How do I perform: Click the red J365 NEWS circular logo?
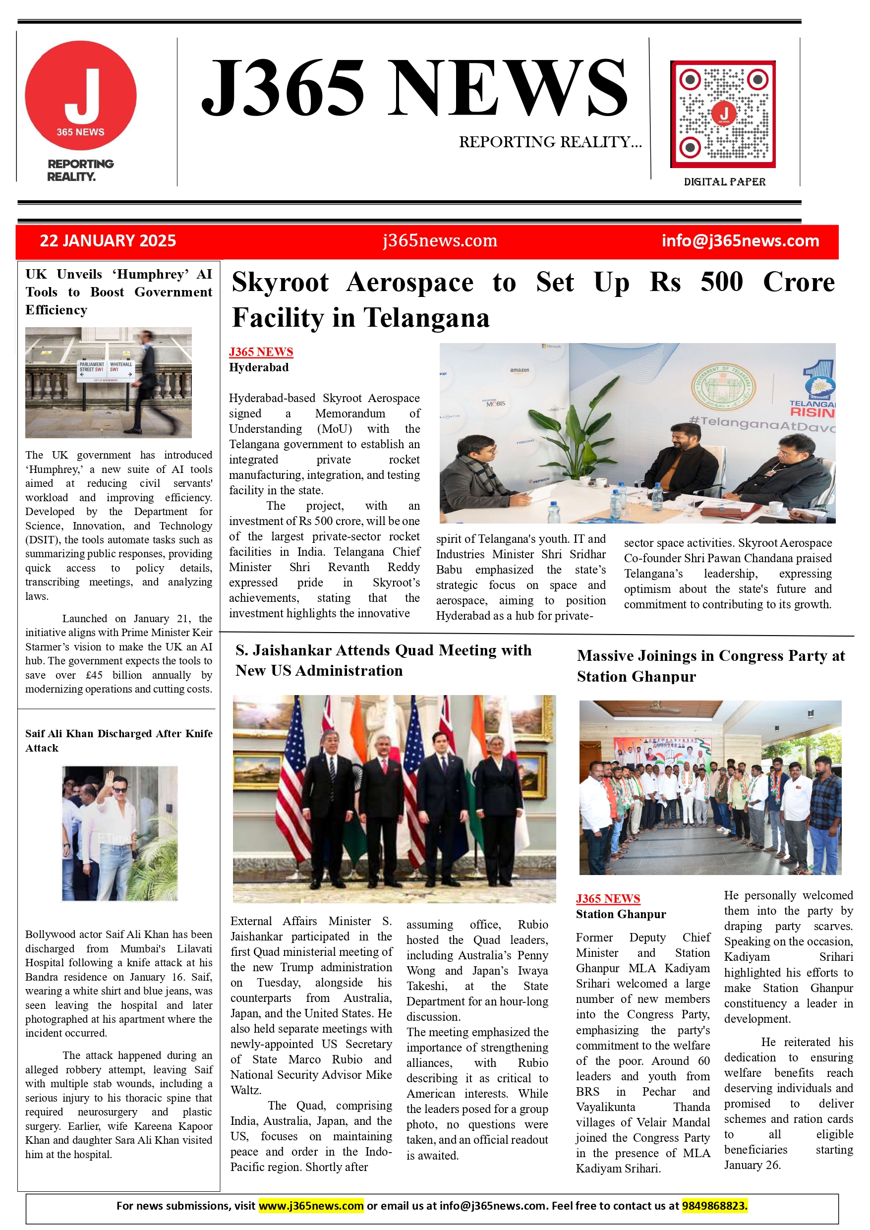tap(80, 95)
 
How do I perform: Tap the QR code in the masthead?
tap(723, 114)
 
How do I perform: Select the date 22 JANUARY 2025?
tap(108, 241)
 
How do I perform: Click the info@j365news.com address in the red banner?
tap(740, 241)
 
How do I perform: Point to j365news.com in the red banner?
tap(440, 241)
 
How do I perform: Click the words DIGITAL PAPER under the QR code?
tap(724, 182)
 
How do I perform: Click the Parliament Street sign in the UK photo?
tap(92, 367)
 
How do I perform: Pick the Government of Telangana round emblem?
tap(723, 387)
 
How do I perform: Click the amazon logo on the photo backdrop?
tap(519, 370)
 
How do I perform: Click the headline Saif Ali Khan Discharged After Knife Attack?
tap(118, 740)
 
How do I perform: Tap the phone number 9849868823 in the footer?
tap(714, 1206)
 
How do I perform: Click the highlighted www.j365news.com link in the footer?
tap(311, 1206)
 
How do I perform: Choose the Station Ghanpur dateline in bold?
tap(620, 915)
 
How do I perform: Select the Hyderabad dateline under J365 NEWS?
tap(259, 367)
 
